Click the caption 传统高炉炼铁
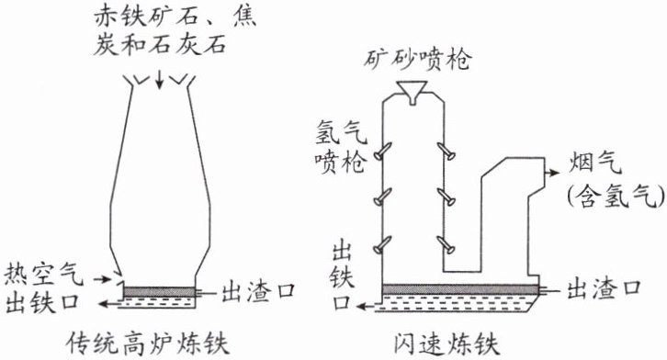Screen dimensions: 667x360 pyautogui.click(x=149, y=343)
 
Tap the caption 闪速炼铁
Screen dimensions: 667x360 pyautogui.click(x=447, y=343)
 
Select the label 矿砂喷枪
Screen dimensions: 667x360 pyautogui.click(x=417, y=60)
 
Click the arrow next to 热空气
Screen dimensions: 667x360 pyautogui.click(x=103, y=279)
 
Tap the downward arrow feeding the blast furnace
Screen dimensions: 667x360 pyautogui.click(x=159, y=80)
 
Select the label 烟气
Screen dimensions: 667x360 pyautogui.click(x=595, y=162)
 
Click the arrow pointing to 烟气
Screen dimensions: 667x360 pyautogui.click(x=552, y=172)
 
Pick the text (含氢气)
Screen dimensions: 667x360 pyautogui.click(x=616, y=197)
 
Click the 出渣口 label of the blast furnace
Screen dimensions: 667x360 pyautogui.click(x=258, y=291)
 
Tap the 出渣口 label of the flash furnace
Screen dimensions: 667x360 pyautogui.click(x=604, y=289)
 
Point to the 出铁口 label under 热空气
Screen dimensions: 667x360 pyautogui.click(x=43, y=302)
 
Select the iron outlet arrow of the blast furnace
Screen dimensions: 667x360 pyautogui.click(x=109, y=303)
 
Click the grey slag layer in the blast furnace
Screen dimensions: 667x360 pyautogui.click(x=160, y=292)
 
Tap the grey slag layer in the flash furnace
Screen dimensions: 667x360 pyautogui.click(x=460, y=289)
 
